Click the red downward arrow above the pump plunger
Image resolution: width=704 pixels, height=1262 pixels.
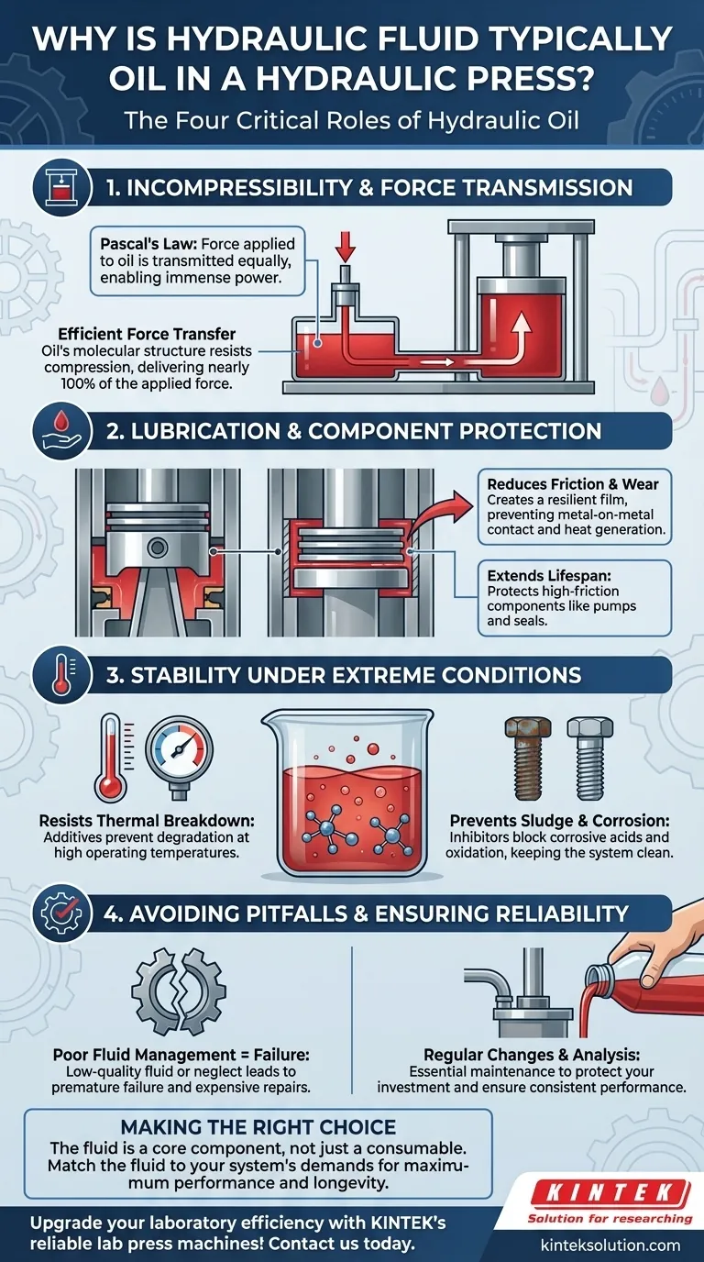pos(346,246)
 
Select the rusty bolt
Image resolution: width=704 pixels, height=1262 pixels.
pos(528,758)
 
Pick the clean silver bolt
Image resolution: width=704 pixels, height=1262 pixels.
pos(589,758)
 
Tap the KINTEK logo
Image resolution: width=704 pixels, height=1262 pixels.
pos(610,1194)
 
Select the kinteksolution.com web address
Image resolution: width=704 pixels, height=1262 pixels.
pos(610,1245)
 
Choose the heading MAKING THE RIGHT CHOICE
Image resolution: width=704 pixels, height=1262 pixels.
pos(258,1126)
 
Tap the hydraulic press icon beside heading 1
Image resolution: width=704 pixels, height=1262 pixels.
pos(62,188)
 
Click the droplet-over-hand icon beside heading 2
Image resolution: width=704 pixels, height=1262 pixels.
pos(62,432)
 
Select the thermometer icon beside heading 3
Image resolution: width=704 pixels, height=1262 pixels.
pos(62,675)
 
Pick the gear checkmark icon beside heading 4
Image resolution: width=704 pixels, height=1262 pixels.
pos(62,913)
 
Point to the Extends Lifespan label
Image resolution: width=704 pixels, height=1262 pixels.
pos(549,576)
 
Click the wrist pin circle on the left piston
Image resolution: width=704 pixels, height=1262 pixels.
pos(157,547)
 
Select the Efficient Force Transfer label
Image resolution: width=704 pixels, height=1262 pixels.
pos(147,334)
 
